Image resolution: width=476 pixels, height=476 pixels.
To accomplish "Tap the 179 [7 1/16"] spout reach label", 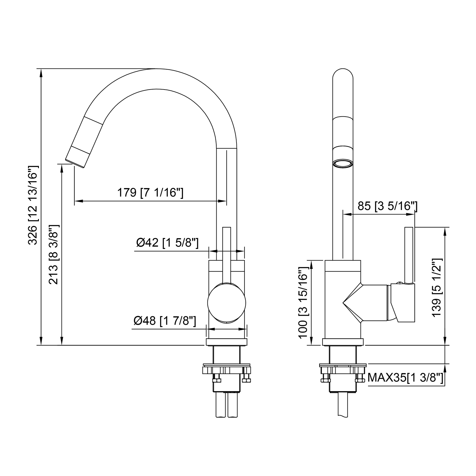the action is click(x=150, y=193).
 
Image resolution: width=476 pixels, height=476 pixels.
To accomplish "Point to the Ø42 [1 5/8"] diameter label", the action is click(x=167, y=243).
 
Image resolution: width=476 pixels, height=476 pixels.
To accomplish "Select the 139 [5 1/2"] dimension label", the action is click(x=437, y=287).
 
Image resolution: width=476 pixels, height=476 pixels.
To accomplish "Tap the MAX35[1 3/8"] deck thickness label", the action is click(x=406, y=378).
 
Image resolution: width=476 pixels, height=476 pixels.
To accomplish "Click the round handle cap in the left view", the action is click(x=227, y=303).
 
